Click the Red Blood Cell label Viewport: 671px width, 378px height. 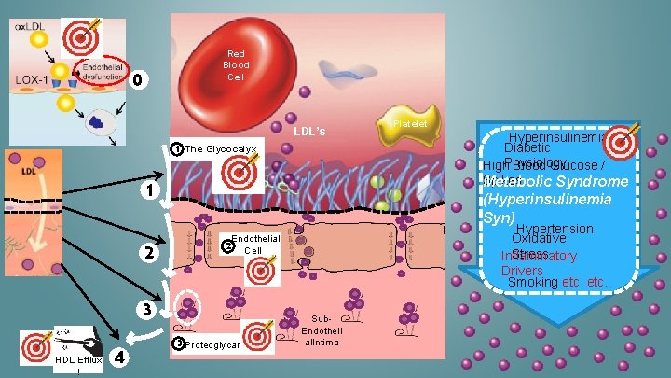[236, 64]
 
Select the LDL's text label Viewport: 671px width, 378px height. [309, 132]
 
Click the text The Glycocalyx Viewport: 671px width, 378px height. [221, 149]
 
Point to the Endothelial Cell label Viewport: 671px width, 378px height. [254, 245]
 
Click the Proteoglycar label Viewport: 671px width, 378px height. [212, 345]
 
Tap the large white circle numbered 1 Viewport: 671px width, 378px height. [147, 191]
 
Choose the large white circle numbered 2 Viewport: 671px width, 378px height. [147, 253]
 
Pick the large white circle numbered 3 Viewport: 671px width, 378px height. [146, 309]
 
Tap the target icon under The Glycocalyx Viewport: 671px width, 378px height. [235, 173]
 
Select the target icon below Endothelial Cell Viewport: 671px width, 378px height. [261, 271]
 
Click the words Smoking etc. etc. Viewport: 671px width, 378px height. [557, 282]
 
